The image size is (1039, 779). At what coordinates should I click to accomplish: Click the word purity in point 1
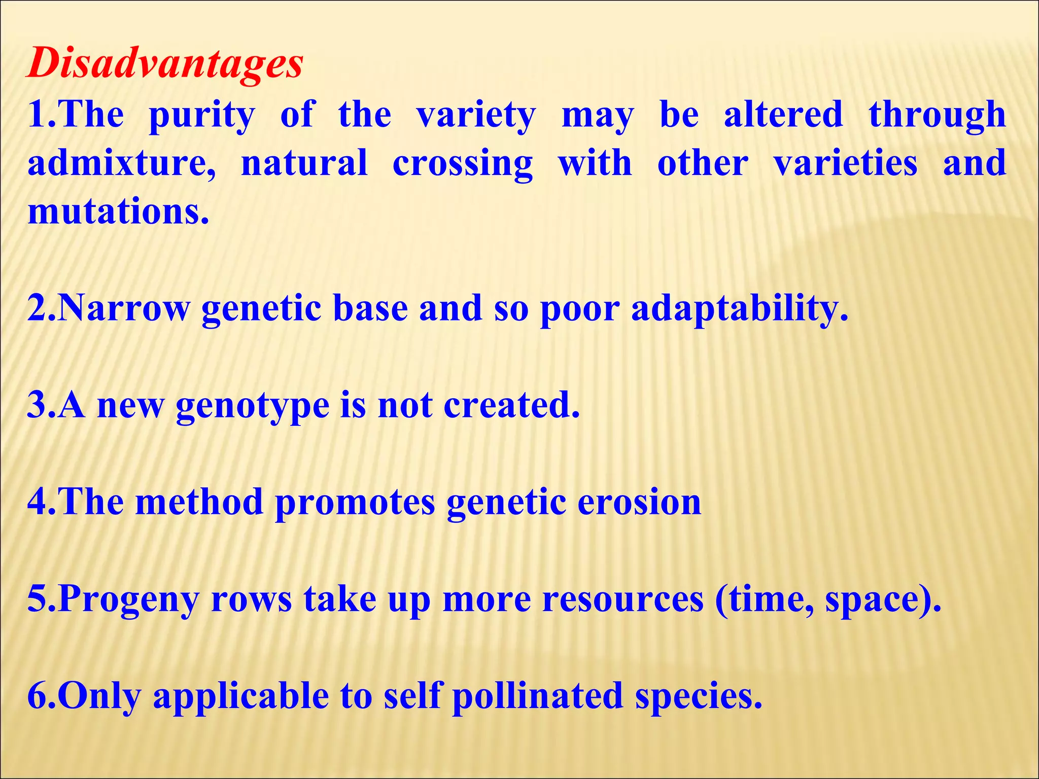point(201,115)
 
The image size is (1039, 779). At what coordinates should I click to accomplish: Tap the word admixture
point(121,163)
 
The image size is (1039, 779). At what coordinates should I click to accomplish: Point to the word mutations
point(118,211)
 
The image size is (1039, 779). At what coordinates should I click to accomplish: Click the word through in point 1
point(937,115)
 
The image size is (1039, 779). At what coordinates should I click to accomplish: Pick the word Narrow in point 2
point(124,308)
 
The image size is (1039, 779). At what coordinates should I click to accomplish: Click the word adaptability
point(740,309)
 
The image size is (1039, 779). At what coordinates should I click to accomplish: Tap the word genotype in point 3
point(252,406)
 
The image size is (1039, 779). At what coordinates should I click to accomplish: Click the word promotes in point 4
point(355,503)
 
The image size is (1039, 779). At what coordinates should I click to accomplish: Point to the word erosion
point(639,502)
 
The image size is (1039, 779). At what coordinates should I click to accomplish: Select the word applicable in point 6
point(240,696)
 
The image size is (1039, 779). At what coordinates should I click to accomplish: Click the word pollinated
point(537,695)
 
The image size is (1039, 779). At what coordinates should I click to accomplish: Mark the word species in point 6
point(699,696)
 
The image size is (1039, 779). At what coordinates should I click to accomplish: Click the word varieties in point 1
point(845,163)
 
